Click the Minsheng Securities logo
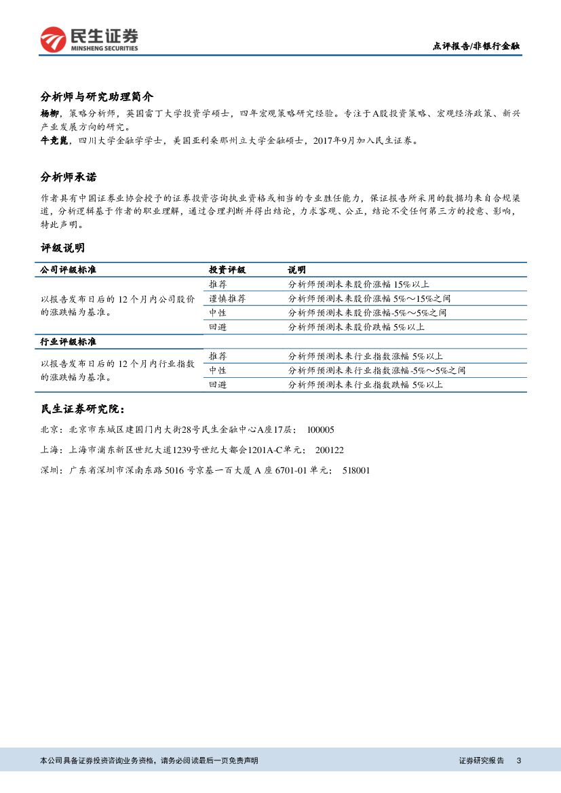click(x=89, y=40)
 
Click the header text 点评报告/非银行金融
click(x=476, y=46)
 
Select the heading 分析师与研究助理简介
click(x=97, y=96)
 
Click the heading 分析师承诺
click(x=69, y=178)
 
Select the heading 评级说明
click(x=62, y=248)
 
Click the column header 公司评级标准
click(x=69, y=270)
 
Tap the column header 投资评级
click(x=227, y=270)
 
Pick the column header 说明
click(x=297, y=270)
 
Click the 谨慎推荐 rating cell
click(x=227, y=298)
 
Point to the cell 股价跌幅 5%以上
click(x=356, y=327)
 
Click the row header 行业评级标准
click(x=69, y=341)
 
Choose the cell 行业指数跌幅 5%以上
click(x=366, y=385)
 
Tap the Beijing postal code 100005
click(x=321, y=430)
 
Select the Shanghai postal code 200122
click(x=330, y=450)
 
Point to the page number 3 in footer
click(x=518, y=760)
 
